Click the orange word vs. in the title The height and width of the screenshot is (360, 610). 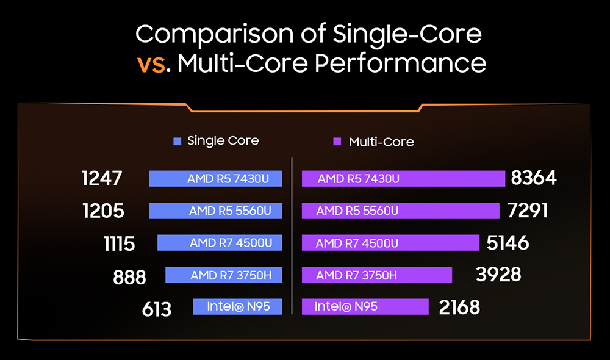pyautogui.click(x=151, y=63)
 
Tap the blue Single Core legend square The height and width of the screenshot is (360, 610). pyautogui.click(x=178, y=141)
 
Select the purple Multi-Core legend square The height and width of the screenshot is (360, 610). pyautogui.click(x=337, y=142)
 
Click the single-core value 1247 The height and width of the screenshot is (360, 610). pyautogui.click(x=102, y=178)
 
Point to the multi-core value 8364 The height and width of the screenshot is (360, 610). pyautogui.click(x=534, y=178)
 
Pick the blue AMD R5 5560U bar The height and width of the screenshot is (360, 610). pyautogui.click(x=215, y=211)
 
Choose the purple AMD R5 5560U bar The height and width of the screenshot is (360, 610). pyautogui.click(x=400, y=211)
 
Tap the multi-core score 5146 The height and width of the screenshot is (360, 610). pyautogui.click(x=508, y=243)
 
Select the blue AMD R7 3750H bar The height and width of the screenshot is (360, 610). pyautogui.click(x=223, y=275)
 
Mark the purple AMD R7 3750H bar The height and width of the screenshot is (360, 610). pyautogui.click(x=376, y=275)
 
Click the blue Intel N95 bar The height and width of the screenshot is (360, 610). pyautogui.click(x=237, y=306)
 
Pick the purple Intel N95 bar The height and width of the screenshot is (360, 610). pyautogui.click(x=365, y=306)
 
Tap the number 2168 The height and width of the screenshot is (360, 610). pyautogui.click(x=459, y=307)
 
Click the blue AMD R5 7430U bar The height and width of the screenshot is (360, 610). pyautogui.click(x=215, y=178)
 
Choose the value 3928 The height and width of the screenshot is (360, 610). pyautogui.click(x=498, y=274)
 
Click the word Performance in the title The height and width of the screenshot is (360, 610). pyautogui.click(x=404, y=63)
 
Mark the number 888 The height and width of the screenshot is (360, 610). pyautogui.click(x=129, y=277)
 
